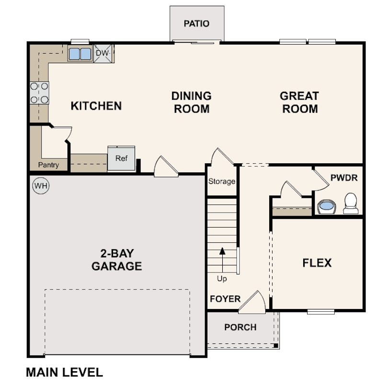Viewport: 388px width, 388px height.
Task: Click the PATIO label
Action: point(196,23)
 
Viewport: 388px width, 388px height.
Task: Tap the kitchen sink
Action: point(80,54)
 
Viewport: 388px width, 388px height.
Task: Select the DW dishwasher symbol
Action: point(103,53)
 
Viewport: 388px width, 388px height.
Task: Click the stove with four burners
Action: point(39,93)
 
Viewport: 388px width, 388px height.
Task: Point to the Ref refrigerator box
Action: point(121,159)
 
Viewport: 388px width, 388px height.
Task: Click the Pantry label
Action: point(49,165)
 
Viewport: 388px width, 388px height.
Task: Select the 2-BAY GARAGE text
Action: point(116,260)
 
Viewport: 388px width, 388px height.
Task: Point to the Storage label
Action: point(222,182)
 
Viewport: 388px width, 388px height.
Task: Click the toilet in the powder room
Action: point(351,204)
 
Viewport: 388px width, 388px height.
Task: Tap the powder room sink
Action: point(327,206)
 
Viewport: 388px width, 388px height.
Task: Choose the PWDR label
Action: point(344,178)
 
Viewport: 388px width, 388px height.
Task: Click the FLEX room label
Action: point(317,263)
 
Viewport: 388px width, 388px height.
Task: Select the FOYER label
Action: point(225,299)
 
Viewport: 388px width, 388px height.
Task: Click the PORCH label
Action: point(240,328)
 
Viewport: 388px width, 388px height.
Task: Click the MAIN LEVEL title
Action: point(64,372)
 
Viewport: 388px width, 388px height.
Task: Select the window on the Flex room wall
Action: point(320,312)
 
